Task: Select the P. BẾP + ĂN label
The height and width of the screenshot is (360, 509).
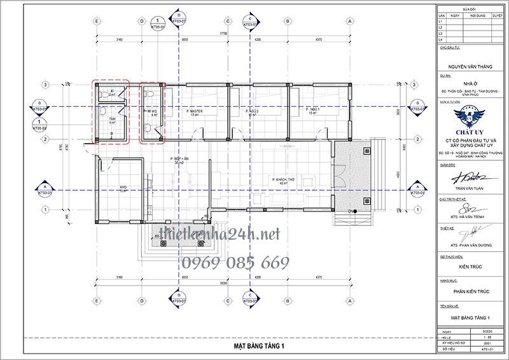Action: [172, 159]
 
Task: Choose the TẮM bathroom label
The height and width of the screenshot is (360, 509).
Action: [112, 120]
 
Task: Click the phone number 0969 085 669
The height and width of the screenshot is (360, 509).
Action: [236, 262]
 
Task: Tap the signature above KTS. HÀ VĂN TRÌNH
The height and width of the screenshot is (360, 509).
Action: [471, 207]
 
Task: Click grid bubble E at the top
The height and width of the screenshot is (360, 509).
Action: [97, 20]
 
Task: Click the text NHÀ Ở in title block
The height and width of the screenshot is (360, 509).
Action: [471, 83]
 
